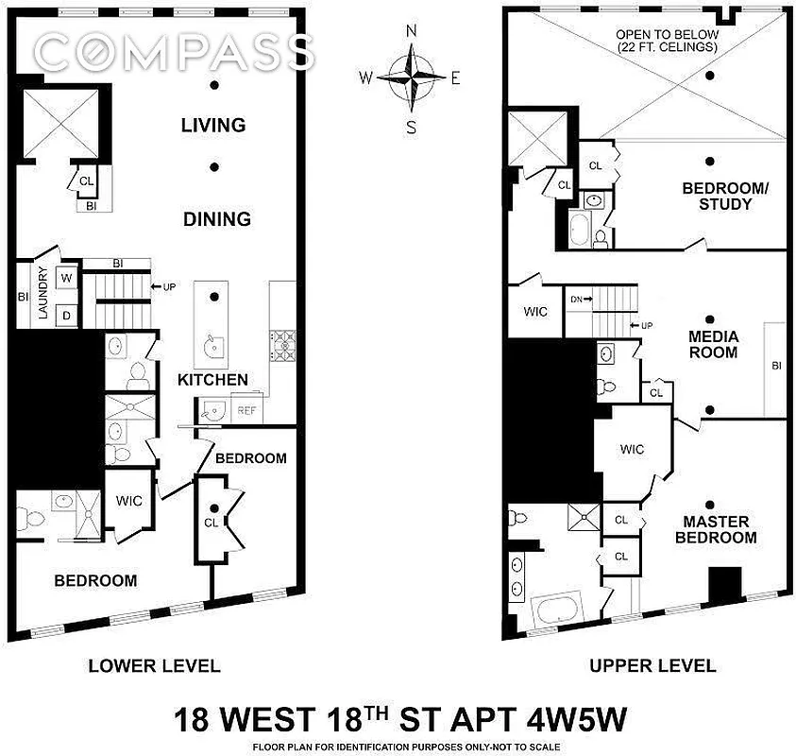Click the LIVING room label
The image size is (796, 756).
point(215,125)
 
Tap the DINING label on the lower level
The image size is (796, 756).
point(216,218)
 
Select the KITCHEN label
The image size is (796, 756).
point(213,380)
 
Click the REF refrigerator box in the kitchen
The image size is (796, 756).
point(246,411)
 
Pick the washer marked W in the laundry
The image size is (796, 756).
point(67,278)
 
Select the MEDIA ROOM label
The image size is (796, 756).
point(714,345)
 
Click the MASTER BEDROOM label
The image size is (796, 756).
point(720,529)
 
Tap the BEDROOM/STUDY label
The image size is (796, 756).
point(718,196)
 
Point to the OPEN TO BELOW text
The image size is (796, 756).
point(668,41)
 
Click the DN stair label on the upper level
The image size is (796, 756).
point(579,300)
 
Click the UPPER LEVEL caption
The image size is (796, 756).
point(652,665)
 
